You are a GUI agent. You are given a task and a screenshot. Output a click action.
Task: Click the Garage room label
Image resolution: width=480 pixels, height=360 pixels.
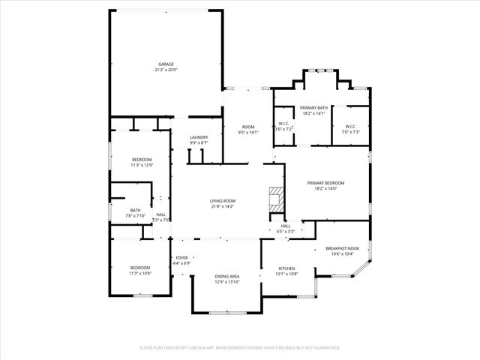166,64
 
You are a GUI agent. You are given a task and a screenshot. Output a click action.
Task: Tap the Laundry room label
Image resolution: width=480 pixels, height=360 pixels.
199,137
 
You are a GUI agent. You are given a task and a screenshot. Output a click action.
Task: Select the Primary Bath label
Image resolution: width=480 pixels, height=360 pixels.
313,108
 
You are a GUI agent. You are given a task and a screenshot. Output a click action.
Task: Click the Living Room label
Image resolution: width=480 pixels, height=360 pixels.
223,200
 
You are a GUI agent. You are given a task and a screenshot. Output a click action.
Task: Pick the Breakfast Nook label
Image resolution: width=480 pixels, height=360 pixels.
342,249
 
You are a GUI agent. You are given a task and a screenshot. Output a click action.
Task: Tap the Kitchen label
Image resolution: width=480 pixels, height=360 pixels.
288,268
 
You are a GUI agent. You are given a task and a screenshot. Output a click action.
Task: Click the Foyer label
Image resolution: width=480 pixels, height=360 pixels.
181,258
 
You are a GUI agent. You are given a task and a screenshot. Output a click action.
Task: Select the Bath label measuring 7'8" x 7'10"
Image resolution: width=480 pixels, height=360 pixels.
135,210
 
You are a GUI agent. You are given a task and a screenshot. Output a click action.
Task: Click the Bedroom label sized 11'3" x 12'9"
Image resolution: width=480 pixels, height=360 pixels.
142,160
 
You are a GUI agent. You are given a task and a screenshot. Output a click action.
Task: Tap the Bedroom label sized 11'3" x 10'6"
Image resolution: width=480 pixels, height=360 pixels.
140,268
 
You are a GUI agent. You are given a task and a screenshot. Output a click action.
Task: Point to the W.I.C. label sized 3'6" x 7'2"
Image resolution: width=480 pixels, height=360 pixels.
283,124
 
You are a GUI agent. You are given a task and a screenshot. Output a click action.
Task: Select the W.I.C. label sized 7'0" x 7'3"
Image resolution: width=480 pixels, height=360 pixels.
351,126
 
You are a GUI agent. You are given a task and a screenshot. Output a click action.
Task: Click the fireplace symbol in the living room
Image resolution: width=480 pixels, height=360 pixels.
276,198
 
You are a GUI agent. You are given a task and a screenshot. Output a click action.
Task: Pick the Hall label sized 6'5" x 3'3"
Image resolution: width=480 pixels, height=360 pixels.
285,226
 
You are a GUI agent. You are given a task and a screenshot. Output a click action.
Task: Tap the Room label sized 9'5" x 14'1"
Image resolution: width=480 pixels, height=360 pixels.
247,127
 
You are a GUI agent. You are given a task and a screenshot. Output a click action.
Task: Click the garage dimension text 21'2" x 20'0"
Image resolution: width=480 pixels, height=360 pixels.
166,70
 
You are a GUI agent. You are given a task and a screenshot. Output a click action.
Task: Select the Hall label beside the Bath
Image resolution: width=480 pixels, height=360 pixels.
161,214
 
